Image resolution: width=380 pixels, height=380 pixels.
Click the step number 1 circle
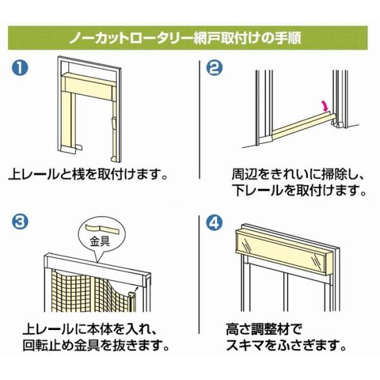click(x=20, y=68)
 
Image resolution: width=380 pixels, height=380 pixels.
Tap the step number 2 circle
click(x=214, y=68)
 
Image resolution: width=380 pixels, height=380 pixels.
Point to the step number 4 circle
click(x=214, y=222)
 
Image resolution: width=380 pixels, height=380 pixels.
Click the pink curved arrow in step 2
click(x=325, y=106)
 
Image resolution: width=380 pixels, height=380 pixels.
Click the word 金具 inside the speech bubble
click(x=100, y=241)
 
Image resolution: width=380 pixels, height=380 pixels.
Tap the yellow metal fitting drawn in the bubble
click(x=102, y=229)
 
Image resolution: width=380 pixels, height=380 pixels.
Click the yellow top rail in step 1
click(x=89, y=86)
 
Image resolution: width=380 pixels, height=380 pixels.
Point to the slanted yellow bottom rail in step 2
click(x=304, y=126)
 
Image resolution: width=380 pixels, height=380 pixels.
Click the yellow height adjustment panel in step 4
click(x=281, y=251)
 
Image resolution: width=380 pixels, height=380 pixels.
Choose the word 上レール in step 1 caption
click(x=34, y=174)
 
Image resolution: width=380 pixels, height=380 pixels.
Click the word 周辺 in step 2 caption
click(x=244, y=174)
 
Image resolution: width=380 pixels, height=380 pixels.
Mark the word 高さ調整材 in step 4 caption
click(x=258, y=329)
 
